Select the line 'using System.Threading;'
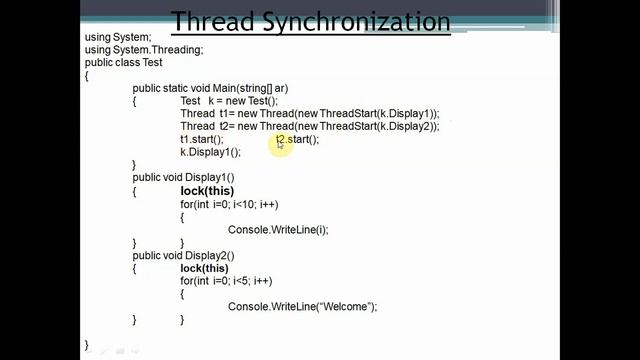pyautogui.click(x=144, y=50)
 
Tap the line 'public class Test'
pyautogui.click(x=124, y=62)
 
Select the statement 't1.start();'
pyautogui.click(x=202, y=139)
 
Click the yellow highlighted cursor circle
pyautogui.click(x=281, y=143)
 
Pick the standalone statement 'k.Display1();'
pyautogui.click(x=211, y=152)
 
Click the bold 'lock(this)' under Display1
pyautogui.click(x=207, y=191)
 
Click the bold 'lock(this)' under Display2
pyautogui.click(x=205, y=268)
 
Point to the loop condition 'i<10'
pyautogui.click(x=240, y=204)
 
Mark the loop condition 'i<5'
pyautogui.click(x=237, y=281)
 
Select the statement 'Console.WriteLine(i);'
pyautogui.click(x=278, y=230)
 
